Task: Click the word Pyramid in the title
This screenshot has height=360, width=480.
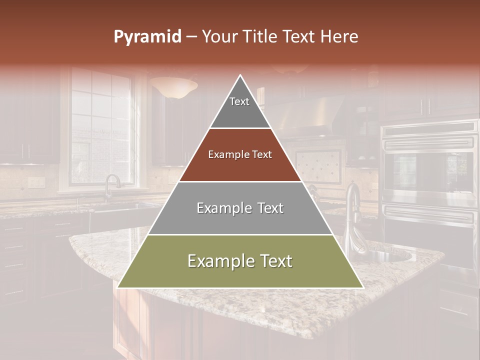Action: [147, 37]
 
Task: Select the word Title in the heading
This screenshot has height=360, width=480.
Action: [261, 37]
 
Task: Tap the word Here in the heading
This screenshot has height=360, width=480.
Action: [339, 37]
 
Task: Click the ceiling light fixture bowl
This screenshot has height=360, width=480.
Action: [173, 87]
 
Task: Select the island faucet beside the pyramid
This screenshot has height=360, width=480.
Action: [352, 215]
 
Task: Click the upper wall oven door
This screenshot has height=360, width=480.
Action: [430, 170]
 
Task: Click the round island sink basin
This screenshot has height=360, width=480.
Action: [390, 256]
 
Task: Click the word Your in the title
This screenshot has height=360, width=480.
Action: [219, 37]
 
